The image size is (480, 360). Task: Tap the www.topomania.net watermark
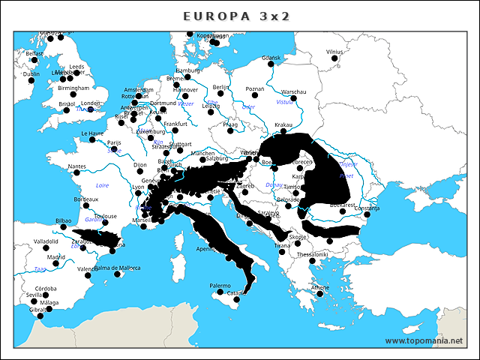pos(424,340)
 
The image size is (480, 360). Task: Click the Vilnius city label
pos(334,52)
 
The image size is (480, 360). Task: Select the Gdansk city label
pos(271,58)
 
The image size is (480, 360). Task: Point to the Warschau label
pos(293,91)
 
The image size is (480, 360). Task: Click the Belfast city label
pos(34,54)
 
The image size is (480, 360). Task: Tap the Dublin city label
pos(31,74)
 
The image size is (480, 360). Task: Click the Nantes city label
pos(76,166)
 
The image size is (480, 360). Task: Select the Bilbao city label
pos(64,221)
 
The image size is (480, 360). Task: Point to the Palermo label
pos(220,286)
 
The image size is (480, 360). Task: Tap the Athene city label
pos(319,287)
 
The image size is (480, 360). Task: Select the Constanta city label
pos(367,208)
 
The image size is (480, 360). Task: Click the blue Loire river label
pos(103,184)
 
